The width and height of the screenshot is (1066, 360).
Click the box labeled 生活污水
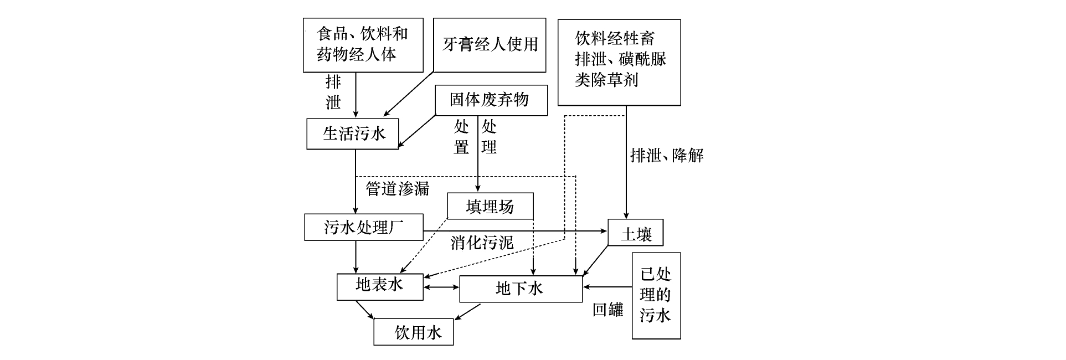(353, 133)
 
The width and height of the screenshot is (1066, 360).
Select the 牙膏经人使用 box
(490, 45)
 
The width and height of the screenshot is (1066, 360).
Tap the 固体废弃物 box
(491, 100)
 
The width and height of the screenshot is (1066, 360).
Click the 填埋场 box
(490, 207)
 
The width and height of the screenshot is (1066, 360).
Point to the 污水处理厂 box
(363, 228)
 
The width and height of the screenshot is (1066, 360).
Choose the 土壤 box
(635, 233)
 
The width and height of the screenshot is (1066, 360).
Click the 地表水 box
(380, 286)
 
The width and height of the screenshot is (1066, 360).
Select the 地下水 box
(521, 289)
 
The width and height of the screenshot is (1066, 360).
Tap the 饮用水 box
(413, 332)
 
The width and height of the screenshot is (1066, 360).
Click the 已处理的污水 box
(656, 295)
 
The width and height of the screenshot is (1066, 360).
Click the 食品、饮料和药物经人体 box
(363, 45)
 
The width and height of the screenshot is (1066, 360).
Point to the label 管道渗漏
(397, 189)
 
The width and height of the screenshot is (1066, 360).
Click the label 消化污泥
(481, 243)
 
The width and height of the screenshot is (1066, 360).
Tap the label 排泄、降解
(667, 156)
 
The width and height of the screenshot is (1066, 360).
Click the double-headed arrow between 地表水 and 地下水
(441, 287)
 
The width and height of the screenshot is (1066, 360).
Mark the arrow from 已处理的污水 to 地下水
(607, 287)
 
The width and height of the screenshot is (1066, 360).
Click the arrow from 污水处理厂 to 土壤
(515, 231)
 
